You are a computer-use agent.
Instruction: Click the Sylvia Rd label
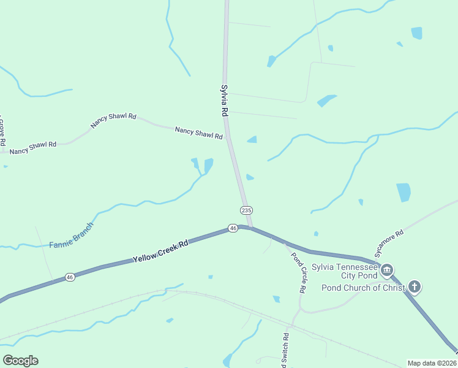click(225, 101)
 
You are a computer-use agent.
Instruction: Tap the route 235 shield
click(246, 210)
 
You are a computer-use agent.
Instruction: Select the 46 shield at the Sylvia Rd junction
click(233, 228)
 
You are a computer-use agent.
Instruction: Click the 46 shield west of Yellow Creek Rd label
click(70, 277)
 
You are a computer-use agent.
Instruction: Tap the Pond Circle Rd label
click(299, 272)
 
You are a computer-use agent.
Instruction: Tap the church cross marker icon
click(415, 286)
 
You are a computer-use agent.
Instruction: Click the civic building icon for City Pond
click(387, 270)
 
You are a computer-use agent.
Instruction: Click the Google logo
click(20, 361)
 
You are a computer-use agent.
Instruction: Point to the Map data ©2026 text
click(432, 363)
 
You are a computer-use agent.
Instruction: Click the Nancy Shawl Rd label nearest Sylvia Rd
click(198, 133)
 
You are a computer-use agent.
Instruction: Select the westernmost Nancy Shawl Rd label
click(33, 147)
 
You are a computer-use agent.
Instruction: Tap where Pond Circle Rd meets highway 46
click(285, 243)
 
